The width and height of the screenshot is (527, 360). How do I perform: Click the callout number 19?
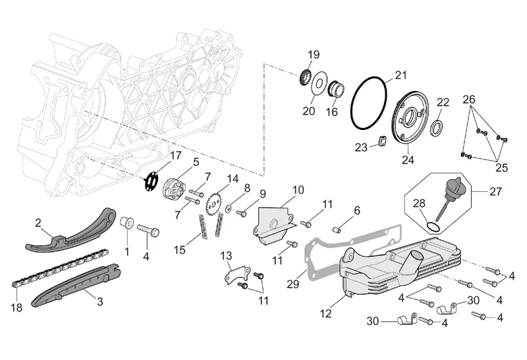[314, 54]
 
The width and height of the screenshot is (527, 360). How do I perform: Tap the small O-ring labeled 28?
[431, 227]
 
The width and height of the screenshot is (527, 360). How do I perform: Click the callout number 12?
[325, 315]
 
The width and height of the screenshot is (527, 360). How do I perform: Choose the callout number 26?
[468, 100]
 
